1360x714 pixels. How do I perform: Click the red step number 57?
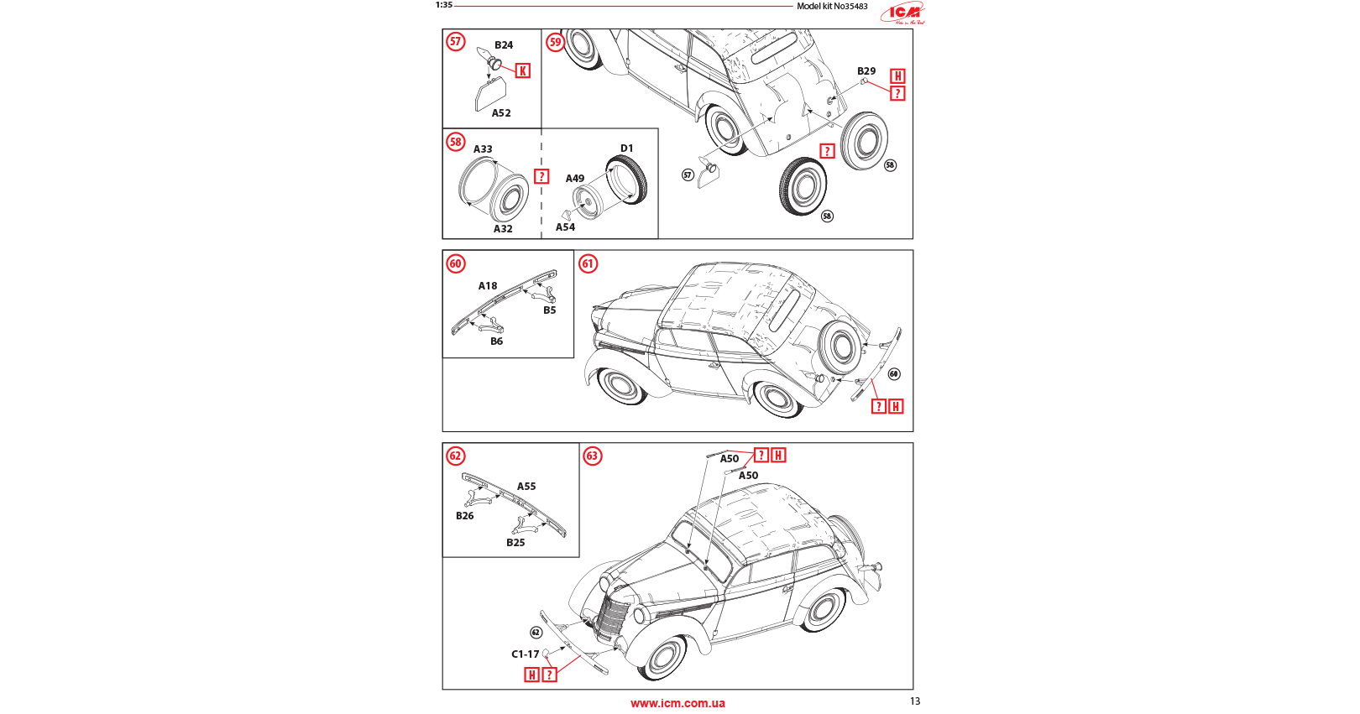(x=456, y=42)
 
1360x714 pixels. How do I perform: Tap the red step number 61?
(x=588, y=264)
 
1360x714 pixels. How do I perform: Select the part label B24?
(x=504, y=45)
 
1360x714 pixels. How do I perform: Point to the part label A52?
(x=501, y=113)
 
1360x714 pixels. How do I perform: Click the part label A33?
(x=483, y=149)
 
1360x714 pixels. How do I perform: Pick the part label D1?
(x=627, y=149)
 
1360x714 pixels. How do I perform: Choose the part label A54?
(x=566, y=227)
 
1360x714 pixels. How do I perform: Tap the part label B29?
(x=866, y=71)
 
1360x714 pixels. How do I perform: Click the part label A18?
(x=488, y=286)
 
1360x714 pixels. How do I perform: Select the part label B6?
(x=497, y=341)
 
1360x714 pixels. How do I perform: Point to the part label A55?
(x=526, y=487)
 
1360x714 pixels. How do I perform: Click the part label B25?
(x=515, y=543)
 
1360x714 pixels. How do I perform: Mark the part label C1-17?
(x=526, y=654)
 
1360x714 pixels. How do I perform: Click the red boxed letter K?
(x=523, y=71)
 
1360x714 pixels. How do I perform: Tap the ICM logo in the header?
(x=904, y=12)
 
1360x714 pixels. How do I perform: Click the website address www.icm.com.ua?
(x=677, y=703)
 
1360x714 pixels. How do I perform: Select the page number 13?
(x=915, y=701)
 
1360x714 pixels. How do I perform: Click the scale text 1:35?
(x=444, y=5)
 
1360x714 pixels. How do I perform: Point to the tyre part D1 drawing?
(x=627, y=180)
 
